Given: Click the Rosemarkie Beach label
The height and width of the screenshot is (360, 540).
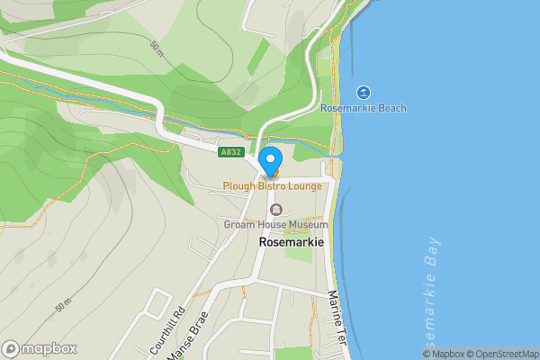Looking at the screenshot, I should pos(364,108).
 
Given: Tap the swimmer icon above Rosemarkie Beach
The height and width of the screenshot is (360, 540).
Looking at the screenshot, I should pos(363,93).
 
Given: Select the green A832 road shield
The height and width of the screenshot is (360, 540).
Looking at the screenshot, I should pos(229,152).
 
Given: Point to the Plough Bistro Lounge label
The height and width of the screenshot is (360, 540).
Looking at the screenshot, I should pos(272,185).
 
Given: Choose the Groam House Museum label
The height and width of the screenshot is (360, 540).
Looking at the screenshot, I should pos(276,224).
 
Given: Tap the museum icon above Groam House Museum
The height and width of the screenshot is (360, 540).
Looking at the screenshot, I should pos(276,210).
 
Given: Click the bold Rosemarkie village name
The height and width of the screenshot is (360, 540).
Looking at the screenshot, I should pos(291,242).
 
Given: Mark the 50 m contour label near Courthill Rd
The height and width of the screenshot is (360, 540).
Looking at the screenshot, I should pos(62,305).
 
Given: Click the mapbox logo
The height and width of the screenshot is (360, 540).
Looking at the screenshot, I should pos(40,348).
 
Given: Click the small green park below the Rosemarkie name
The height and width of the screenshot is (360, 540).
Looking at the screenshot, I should pos(298,255).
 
